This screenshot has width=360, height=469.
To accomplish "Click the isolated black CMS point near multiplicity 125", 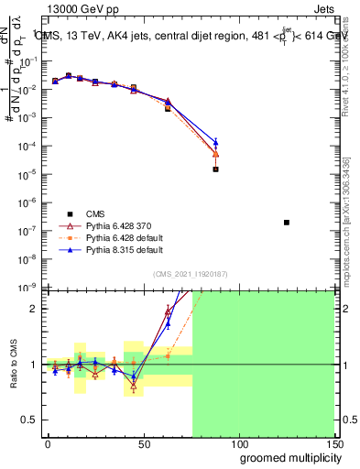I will tap(287, 223).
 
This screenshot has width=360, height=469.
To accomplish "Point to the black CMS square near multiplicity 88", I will tap(215, 169).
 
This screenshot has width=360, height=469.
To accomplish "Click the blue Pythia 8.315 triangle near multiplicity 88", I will tap(215, 142).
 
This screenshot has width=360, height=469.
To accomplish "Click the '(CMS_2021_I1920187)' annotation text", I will tap(191, 273).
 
